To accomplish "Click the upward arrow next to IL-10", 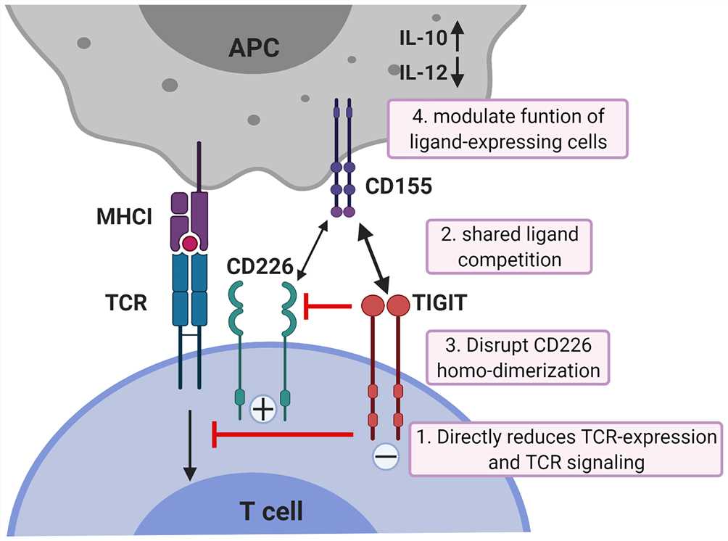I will pos(458,36).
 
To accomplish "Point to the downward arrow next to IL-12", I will pos(458,72).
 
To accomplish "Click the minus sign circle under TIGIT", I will pos(386,456).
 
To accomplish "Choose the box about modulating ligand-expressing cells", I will pos(508,128).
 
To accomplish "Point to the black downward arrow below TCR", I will pos(190,445).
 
